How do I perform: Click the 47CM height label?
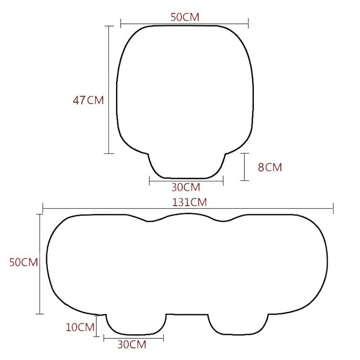point(88,100)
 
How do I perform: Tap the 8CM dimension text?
point(270,167)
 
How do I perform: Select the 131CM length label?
point(189,202)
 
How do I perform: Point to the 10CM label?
point(80,327)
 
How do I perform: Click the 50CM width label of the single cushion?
point(185,17)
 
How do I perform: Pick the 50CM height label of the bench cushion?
point(23,262)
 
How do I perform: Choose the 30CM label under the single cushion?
point(185,187)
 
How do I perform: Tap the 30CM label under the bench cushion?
point(132,345)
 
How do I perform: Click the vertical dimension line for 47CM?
point(109,90)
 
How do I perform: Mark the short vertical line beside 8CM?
point(245,167)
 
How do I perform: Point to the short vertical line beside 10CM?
point(97,327)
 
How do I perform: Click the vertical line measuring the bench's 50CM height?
point(40,264)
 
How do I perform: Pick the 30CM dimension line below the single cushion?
point(186,181)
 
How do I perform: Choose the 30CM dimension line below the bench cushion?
point(134,337)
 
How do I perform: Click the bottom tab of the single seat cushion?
point(186,165)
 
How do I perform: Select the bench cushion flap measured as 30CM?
point(135,323)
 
